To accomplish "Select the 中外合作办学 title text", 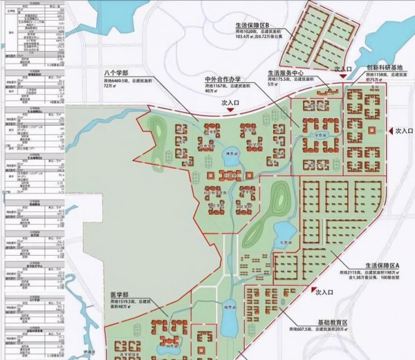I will (225, 79).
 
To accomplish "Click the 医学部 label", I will (118, 292).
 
